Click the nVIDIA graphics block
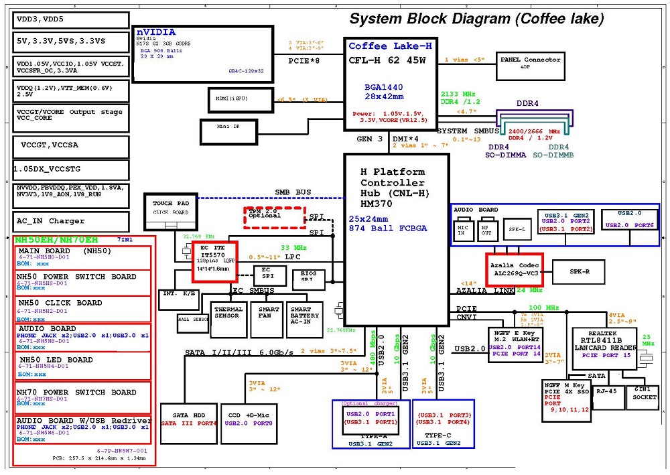click(202, 54)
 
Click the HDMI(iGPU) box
click(232, 99)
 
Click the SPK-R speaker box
click(580, 272)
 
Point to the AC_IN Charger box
click(70, 221)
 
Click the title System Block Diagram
click(476, 19)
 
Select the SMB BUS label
click(293, 192)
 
